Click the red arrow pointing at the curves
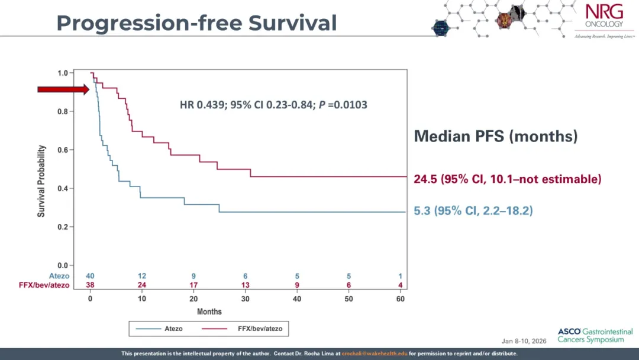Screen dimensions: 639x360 click(63, 89)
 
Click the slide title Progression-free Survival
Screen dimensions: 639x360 click(196, 23)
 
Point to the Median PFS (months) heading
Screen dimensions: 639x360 click(496, 136)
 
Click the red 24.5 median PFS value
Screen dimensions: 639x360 click(425, 179)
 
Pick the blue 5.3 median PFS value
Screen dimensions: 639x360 click(422, 211)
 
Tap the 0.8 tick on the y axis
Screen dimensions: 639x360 click(63, 111)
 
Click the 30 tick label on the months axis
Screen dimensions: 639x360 click(246, 299)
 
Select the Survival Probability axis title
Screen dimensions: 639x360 click(41, 181)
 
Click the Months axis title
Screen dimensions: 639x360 click(209, 312)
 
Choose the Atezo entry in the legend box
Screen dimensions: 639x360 click(159, 329)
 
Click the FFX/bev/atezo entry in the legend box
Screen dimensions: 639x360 click(241, 329)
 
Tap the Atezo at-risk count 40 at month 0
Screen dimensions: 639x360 click(90, 276)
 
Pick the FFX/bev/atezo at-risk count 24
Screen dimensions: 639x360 click(142, 285)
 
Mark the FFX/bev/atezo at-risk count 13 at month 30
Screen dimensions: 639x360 click(246, 285)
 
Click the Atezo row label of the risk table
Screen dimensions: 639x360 click(59, 276)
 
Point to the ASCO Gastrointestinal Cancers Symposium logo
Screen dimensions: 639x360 click(595, 336)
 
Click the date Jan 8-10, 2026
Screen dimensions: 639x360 click(524, 341)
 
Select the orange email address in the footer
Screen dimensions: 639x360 click(375, 353)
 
